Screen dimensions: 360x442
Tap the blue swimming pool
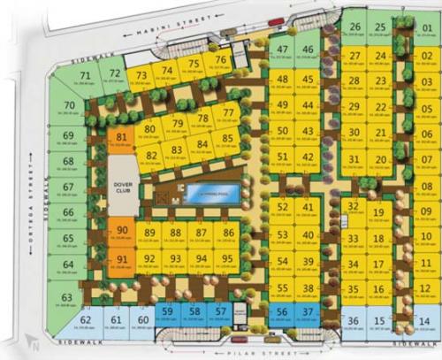(210, 195)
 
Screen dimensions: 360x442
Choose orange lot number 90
(122, 234)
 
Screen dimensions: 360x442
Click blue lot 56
(280, 313)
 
